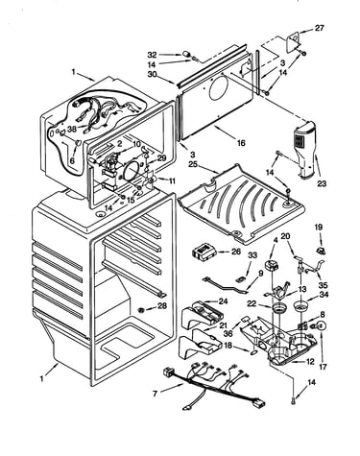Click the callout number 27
(x=319, y=28)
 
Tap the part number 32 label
(x=152, y=55)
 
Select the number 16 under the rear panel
(x=241, y=143)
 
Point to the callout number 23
(x=322, y=183)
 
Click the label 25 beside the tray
(x=192, y=165)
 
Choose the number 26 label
(x=235, y=252)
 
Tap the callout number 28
(x=162, y=306)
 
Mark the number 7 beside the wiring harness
(x=156, y=394)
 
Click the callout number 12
(x=310, y=362)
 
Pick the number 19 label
(x=319, y=228)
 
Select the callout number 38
(x=72, y=131)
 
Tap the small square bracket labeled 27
(x=295, y=40)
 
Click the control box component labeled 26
(x=204, y=251)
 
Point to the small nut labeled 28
(x=141, y=310)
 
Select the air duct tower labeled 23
(x=305, y=148)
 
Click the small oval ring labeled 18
(x=253, y=352)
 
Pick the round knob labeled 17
(x=323, y=326)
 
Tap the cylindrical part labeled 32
(x=186, y=55)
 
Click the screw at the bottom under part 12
(x=294, y=399)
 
